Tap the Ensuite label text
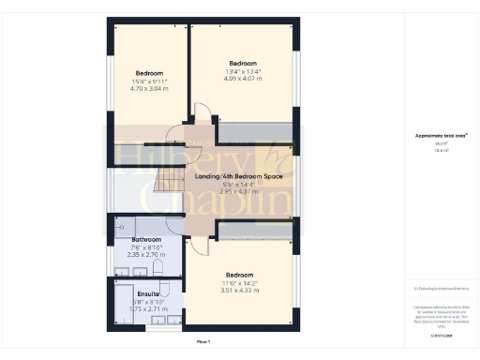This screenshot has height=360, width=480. [135, 293]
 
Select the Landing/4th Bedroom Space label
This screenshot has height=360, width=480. [238, 176]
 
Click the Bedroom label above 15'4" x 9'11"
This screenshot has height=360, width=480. [149, 73]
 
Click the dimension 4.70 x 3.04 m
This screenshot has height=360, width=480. [149, 89]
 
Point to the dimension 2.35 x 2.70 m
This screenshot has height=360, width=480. [133, 255]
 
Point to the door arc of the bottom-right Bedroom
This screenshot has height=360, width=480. [199, 246]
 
